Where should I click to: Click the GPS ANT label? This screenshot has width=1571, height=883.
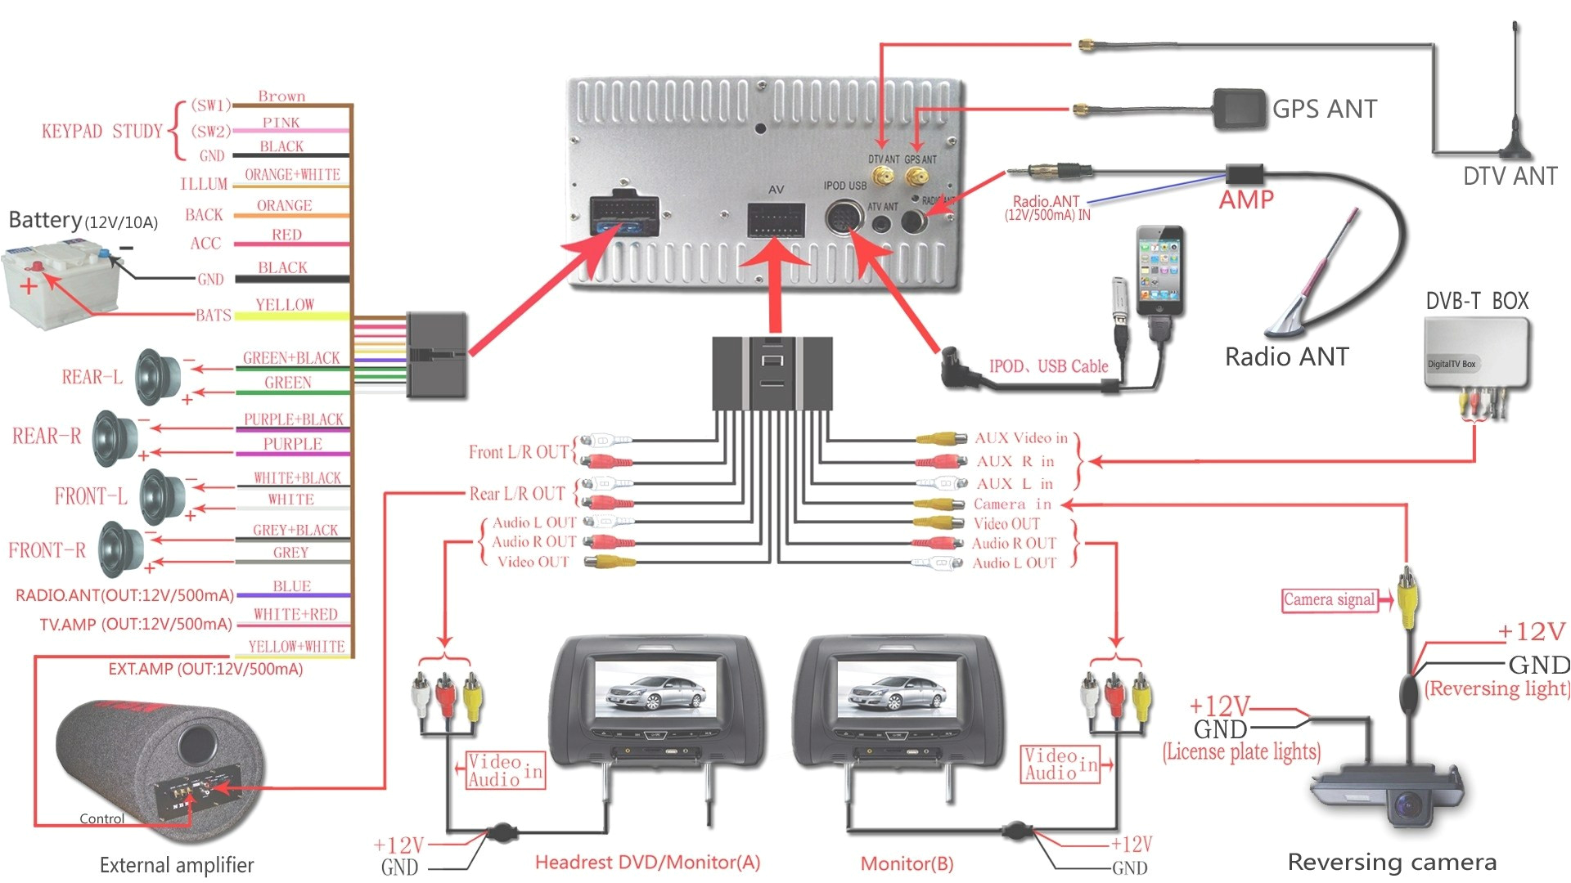pyautogui.click(x=1324, y=109)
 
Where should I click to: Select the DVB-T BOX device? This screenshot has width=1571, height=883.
pyautogui.click(x=1476, y=352)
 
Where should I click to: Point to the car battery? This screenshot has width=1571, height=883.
pyautogui.click(x=61, y=286)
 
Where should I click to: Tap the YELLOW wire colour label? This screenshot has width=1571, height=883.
pyautogui.click(x=284, y=305)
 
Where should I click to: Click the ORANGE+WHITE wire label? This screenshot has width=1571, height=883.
pyautogui.click(x=292, y=175)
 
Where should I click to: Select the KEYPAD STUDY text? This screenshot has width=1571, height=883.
pyautogui.click(x=102, y=132)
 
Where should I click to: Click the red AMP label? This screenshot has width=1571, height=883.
pyautogui.click(x=1245, y=199)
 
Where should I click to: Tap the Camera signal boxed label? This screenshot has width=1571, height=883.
pyautogui.click(x=1328, y=600)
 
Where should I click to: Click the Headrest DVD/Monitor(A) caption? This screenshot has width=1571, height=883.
pyautogui.click(x=647, y=862)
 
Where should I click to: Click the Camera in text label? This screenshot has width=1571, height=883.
pyautogui.click(x=1012, y=504)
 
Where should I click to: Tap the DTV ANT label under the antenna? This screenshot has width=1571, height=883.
pyautogui.click(x=1509, y=177)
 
